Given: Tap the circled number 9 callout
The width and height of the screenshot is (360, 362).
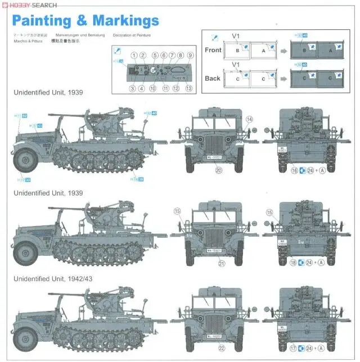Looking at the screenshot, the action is [190, 55].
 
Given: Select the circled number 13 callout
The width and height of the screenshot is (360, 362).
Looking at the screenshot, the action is [188, 88].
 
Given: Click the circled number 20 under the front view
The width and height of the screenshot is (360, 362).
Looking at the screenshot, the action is [219, 170].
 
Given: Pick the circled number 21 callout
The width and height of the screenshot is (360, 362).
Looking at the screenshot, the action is [221, 263].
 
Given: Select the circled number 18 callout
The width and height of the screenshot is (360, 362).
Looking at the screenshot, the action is [292, 262].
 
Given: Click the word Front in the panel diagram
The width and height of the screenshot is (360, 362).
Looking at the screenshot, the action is [213, 50].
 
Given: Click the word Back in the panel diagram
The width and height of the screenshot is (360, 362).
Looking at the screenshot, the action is [213, 78].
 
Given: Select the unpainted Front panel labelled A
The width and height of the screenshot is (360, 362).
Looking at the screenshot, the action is [264, 50].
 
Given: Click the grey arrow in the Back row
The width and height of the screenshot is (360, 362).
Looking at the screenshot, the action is [283, 78].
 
